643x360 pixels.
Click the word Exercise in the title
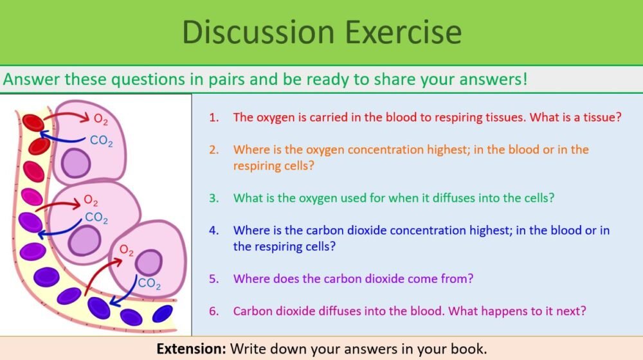click(x=403, y=32)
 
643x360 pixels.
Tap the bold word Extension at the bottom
click(x=190, y=348)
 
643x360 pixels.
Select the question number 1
click(x=213, y=118)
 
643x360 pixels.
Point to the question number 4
click(x=213, y=230)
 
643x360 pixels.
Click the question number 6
click(x=213, y=311)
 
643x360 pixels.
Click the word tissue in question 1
click(x=598, y=118)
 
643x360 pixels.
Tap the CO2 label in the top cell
click(x=101, y=141)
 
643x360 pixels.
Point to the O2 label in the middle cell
click(x=91, y=202)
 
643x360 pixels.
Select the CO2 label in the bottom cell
click(x=149, y=283)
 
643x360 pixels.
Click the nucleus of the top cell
click(x=77, y=163)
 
